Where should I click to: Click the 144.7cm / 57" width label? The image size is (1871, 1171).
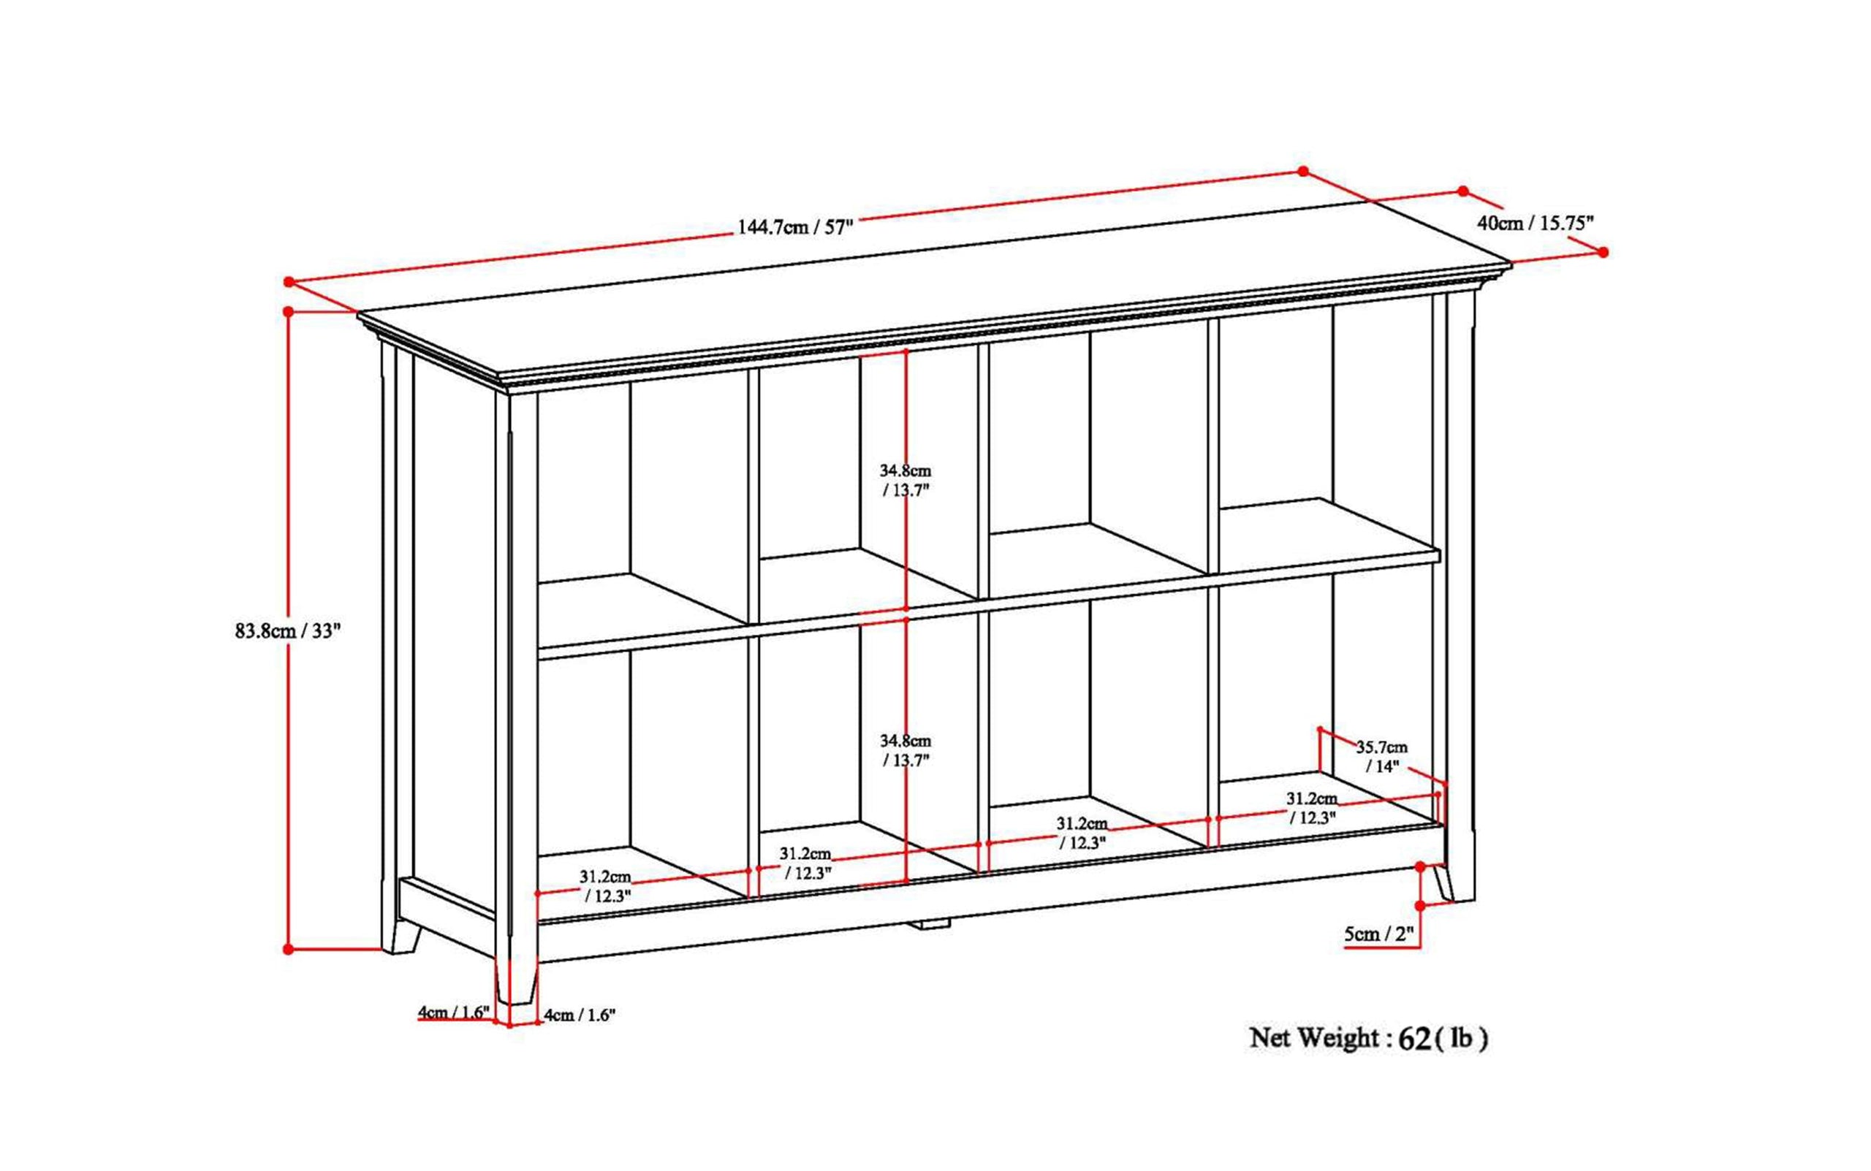[795, 227]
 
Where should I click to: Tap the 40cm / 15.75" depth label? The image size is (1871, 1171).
[1535, 224]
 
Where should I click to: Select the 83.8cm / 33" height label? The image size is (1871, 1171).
[287, 630]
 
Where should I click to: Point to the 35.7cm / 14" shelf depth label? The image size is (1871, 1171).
[1381, 757]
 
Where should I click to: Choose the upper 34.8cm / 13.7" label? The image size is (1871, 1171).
[905, 480]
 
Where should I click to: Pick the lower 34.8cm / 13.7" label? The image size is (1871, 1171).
[905, 750]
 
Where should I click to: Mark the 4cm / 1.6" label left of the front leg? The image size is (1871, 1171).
[453, 1012]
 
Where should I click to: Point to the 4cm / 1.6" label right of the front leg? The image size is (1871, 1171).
[580, 1015]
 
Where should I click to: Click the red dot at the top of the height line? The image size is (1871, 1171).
[288, 311]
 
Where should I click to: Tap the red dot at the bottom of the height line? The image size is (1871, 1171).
[288, 949]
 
